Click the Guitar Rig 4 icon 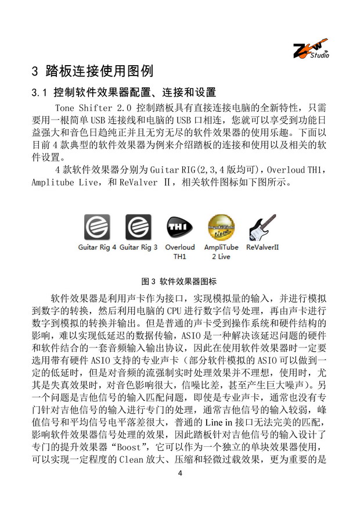click(x=97, y=227)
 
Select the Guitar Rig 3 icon click(x=138, y=227)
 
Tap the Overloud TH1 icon click(x=179, y=227)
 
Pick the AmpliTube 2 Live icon click(x=221, y=227)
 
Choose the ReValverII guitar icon click(x=262, y=227)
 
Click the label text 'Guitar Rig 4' click(x=98, y=247)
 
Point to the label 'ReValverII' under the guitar click(x=262, y=247)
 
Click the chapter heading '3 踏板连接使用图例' click(x=92, y=71)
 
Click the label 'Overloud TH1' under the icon click(x=180, y=251)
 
